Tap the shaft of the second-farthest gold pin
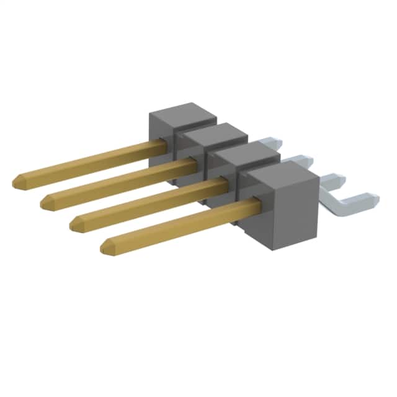(x=118, y=182)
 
